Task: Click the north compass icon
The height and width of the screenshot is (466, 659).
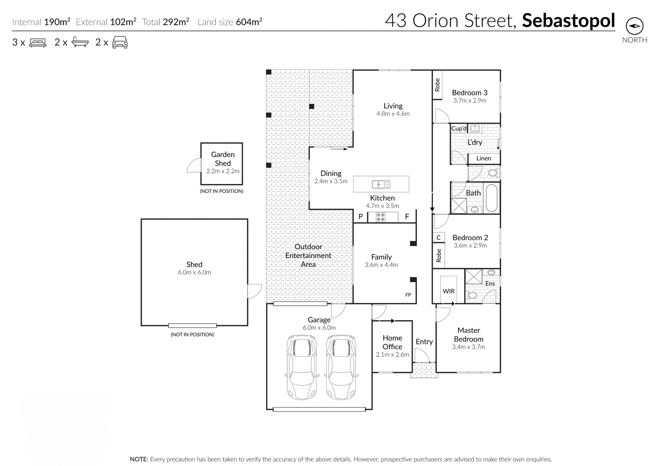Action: [x=634, y=26]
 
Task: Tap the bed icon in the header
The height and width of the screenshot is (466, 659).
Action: [x=38, y=43]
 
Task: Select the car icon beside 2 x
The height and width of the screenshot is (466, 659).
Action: [x=120, y=42]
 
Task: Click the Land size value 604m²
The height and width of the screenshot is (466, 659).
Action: [x=249, y=22]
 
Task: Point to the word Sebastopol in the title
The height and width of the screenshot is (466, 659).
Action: [x=568, y=21]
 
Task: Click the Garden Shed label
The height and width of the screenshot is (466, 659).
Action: [x=223, y=159]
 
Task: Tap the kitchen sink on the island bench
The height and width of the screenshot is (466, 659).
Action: [x=381, y=185]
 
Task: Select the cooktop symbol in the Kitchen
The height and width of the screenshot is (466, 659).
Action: [x=380, y=217]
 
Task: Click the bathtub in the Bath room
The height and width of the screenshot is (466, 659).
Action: [x=492, y=198]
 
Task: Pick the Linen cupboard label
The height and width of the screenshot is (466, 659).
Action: [x=483, y=158]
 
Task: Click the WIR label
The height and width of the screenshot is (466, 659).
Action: [x=449, y=291]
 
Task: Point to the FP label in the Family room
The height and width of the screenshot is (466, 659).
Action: [x=408, y=295]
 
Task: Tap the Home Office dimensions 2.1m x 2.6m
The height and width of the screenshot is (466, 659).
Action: [x=392, y=354]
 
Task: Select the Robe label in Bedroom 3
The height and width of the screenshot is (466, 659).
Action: [x=437, y=85]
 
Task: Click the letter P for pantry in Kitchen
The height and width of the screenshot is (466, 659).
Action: [x=360, y=217]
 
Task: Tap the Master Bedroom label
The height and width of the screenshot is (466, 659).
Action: [x=469, y=335]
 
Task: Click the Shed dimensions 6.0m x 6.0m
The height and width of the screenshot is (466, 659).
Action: [x=194, y=272]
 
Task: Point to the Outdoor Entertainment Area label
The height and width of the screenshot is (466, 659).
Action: [x=308, y=255]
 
